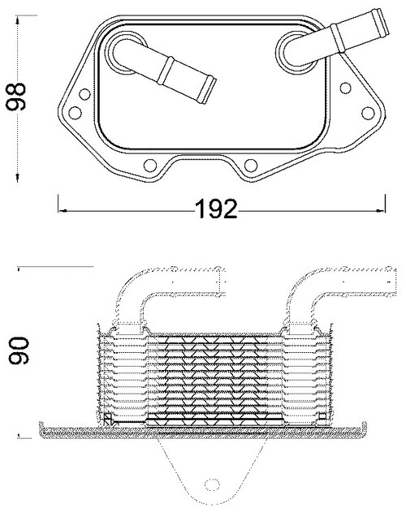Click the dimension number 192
[216, 209]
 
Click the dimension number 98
[16, 97]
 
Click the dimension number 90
[19, 351]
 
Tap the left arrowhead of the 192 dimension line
[62, 211]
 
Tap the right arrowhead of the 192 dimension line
[381, 211]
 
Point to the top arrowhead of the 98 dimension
[18, 20]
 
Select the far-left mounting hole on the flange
[75, 113]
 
